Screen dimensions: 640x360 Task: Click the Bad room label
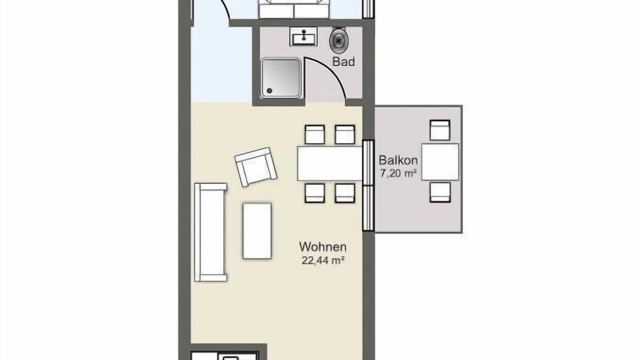pyautogui.click(x=343, y=61)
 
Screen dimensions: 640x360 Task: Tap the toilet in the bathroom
pyautogui.click(x=338, y=40)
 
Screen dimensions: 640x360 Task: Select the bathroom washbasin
pyautogui.click(x=303, y=36)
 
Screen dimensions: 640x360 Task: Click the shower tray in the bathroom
pyautogui.click(x=281, y=78)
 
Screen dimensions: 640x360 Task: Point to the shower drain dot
pyautogui.click(x=269, y=91)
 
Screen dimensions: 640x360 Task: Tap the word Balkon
pyautogui.click(x=398, y=160)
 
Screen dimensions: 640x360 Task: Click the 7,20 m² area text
pyautogui.click(x=398, y=173)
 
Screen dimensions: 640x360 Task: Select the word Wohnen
pyautogui.click(x=322, y=247)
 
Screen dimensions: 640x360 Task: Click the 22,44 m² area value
pyautogui.click(x=322, y=260)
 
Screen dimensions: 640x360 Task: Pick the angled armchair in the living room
pyautogui.click(x=255, y=167)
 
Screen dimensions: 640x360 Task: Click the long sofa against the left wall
pyautogui.click(x=210, y=232)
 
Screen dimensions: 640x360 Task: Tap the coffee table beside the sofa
pyautogui.click(x=257, y=231)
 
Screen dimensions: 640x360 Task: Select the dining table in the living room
pyautogui.click(x=329, y=163)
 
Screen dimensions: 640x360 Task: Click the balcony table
pyautogui.click(x=440, y=161)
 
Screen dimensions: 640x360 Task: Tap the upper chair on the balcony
pyautogui.click(x=440, y=130)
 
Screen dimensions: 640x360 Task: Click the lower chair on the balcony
pyautogui.click(x=440, y=192)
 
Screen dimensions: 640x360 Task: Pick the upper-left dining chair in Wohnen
pyautogui.click(x=314, y=134)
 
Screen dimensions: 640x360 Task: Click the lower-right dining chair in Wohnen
pyautogui.click(x=345, y=193)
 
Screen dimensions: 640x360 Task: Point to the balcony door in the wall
pyautogui.click(x=368, y=185)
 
